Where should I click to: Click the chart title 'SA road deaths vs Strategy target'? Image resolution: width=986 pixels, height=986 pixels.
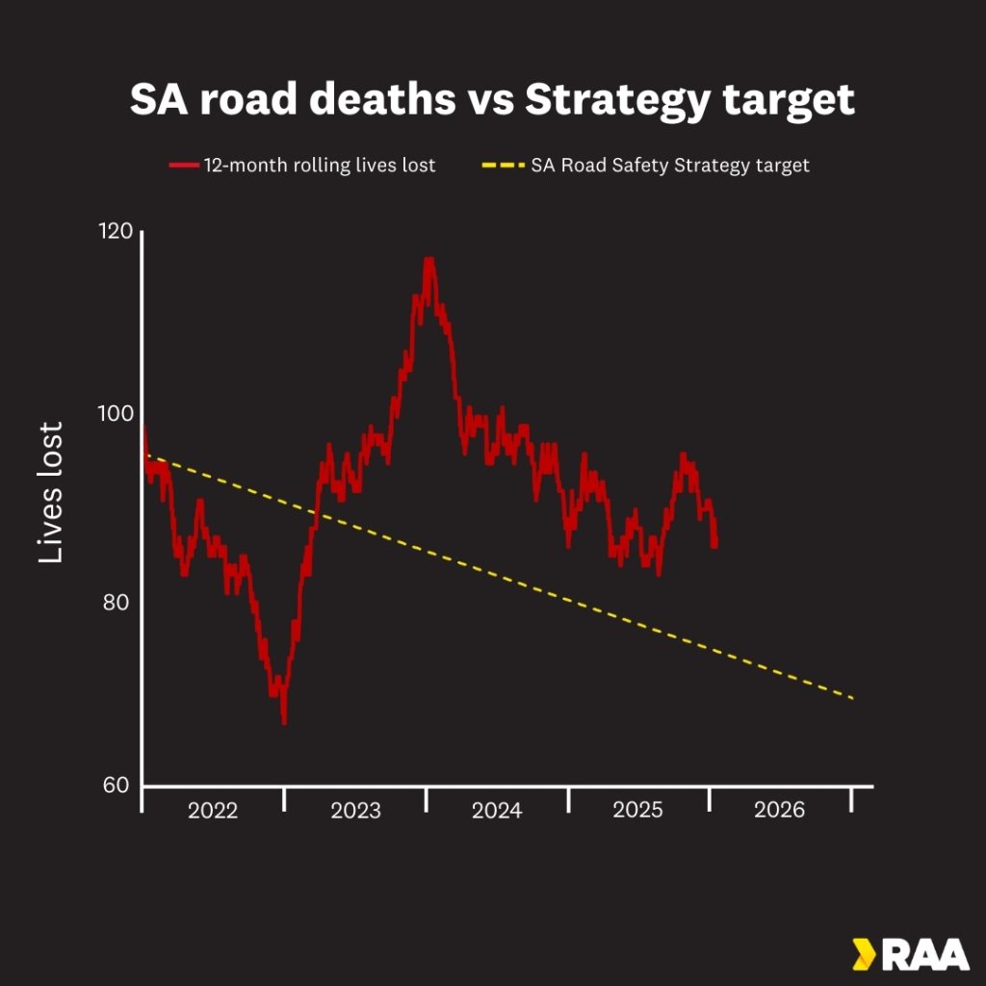coord(492,100)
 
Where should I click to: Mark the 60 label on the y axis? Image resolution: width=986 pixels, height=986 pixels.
coord(116,786)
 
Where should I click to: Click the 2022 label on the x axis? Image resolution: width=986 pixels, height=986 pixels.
coord(213,811)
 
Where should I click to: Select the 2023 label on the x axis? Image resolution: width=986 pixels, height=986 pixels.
coord(355,811)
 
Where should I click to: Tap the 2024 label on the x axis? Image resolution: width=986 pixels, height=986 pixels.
coord(497,811)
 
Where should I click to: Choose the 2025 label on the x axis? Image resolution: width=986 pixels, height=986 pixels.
coord(637,811)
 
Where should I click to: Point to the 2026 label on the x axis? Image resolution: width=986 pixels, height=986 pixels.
coord(779,811)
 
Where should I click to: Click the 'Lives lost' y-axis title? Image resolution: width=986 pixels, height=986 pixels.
coord(50,492)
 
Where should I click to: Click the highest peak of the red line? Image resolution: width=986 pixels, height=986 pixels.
coord(428,259)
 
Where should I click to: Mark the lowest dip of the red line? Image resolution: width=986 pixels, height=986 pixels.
coord(284,721)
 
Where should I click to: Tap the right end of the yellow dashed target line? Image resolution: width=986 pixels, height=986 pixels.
coord(853,698)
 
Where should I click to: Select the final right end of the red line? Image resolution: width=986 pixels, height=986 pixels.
coord(714,545)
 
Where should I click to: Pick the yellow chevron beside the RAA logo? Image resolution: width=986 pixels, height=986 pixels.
coord(862,954)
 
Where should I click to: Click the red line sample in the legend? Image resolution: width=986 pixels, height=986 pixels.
coord(183,166)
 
